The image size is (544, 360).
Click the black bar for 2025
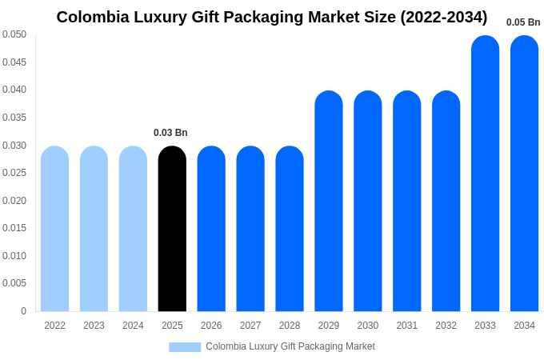coord(172,229)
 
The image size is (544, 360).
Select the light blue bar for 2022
coord(54,229)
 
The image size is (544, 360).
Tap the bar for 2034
coord(524,174)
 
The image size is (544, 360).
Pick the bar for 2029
coord(328,201)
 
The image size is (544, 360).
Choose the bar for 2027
coord(250,229)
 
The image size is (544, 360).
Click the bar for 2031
coord(406,201)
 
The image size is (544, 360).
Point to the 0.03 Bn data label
coord(170,133)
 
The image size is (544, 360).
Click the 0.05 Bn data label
coord(523,22)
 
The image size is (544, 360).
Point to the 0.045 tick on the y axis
coord(14,62)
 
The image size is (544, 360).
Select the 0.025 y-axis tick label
coord(14,173)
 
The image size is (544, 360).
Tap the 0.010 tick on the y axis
coord(14,256)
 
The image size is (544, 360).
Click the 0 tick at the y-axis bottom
coord(23,311)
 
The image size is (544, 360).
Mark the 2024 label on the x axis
coord(133,326)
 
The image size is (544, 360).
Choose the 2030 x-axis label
coord(367,326)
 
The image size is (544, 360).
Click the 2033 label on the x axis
coord(485,326)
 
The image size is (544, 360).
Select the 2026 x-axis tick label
coord(211,326)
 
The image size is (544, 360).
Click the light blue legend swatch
coord(185,347)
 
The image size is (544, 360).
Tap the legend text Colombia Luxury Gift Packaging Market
coord(290,346)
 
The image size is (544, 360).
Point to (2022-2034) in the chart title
coord(443,17)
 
